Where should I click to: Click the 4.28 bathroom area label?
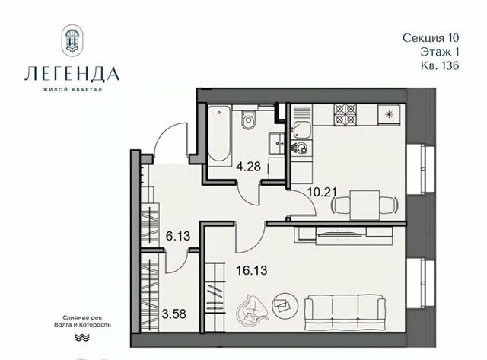(248, 167)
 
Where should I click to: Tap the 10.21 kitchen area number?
(322, 192)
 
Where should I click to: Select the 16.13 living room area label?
(252, 270)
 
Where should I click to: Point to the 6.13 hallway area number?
(177, 236)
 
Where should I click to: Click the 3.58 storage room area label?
(174, 314)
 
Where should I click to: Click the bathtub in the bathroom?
(219, 133)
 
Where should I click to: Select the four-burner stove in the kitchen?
(345, 115)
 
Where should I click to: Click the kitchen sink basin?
(301, 130)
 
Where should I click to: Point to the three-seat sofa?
(345, 312)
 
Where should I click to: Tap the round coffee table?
(285, 306)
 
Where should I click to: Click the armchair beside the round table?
(252, 309)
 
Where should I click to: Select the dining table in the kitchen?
(365, 205)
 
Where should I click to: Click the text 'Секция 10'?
(431, 38)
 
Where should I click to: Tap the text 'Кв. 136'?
(440, 66)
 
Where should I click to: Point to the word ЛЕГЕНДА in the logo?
(72, 74)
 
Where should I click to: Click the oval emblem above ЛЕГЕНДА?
(72, 40)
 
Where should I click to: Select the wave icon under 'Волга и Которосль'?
(82, 337)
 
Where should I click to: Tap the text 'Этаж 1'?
(440, 52)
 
